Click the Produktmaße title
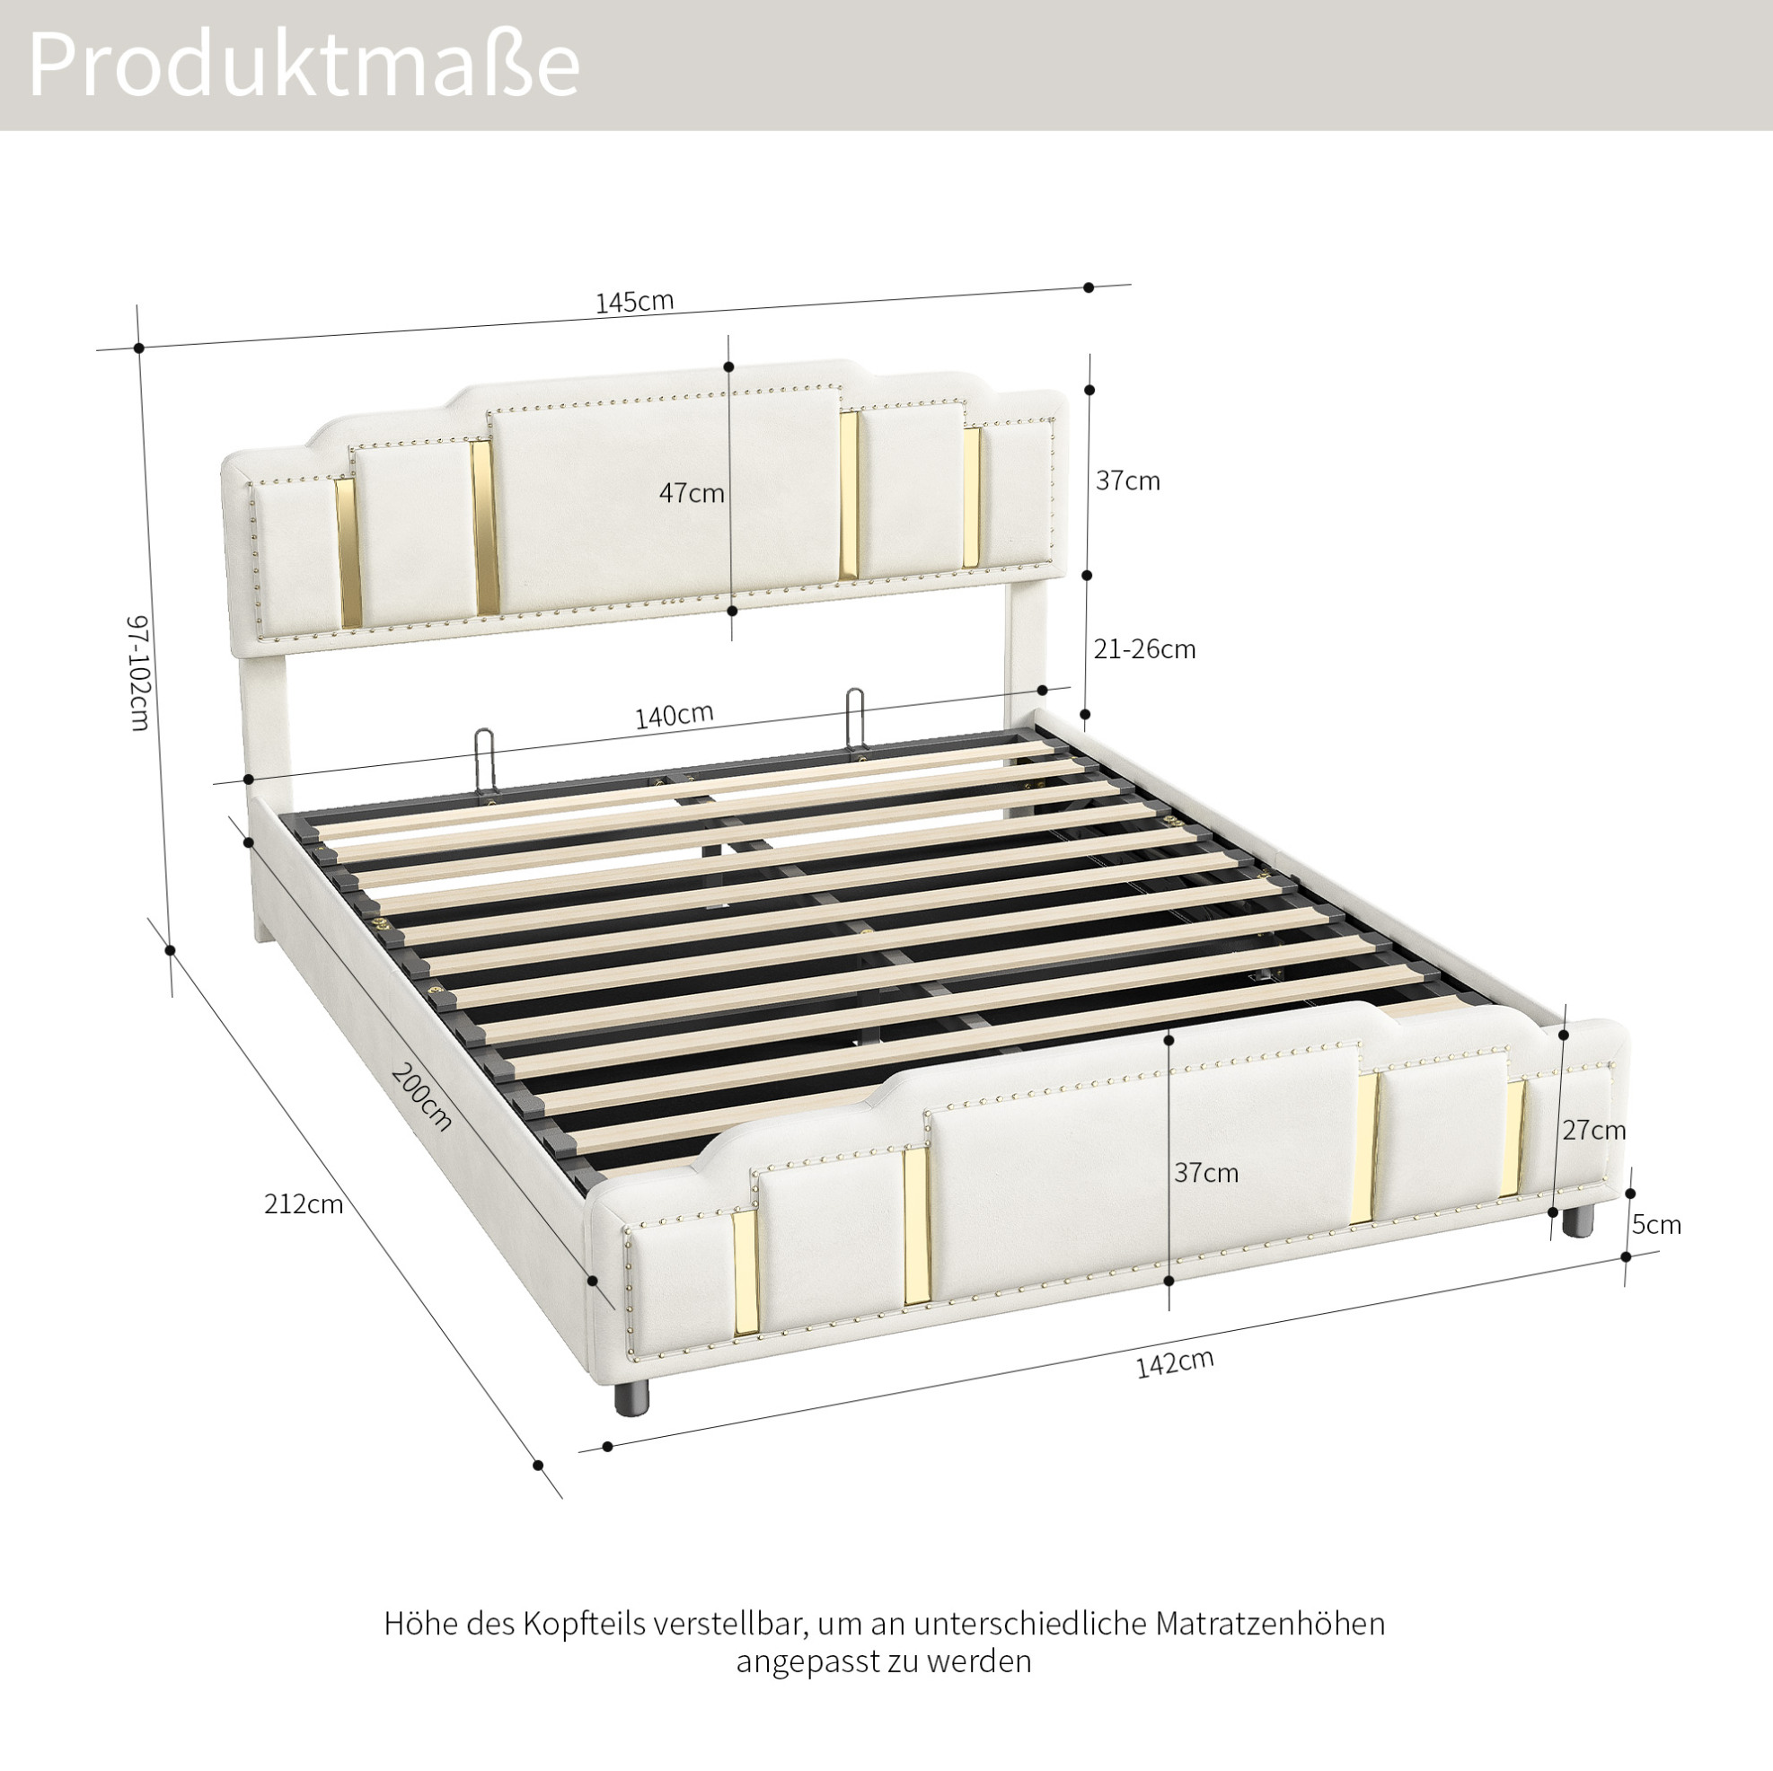(x=304, y=64)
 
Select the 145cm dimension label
(x=634, y=301)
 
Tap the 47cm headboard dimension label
(x=691, y=494)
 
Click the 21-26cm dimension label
(x=1144, y=649)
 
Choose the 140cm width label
(x=675, y=716)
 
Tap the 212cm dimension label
(x=304, y=1204)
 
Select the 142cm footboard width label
(x=1175, y=1363)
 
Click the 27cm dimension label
(x=1594, y=1131)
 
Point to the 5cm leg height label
(x=1656, y=1225)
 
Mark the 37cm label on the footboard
(x=1206, y=1173)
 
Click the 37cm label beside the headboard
(x=1128, y=480)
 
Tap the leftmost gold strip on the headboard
(x=348, y=552)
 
